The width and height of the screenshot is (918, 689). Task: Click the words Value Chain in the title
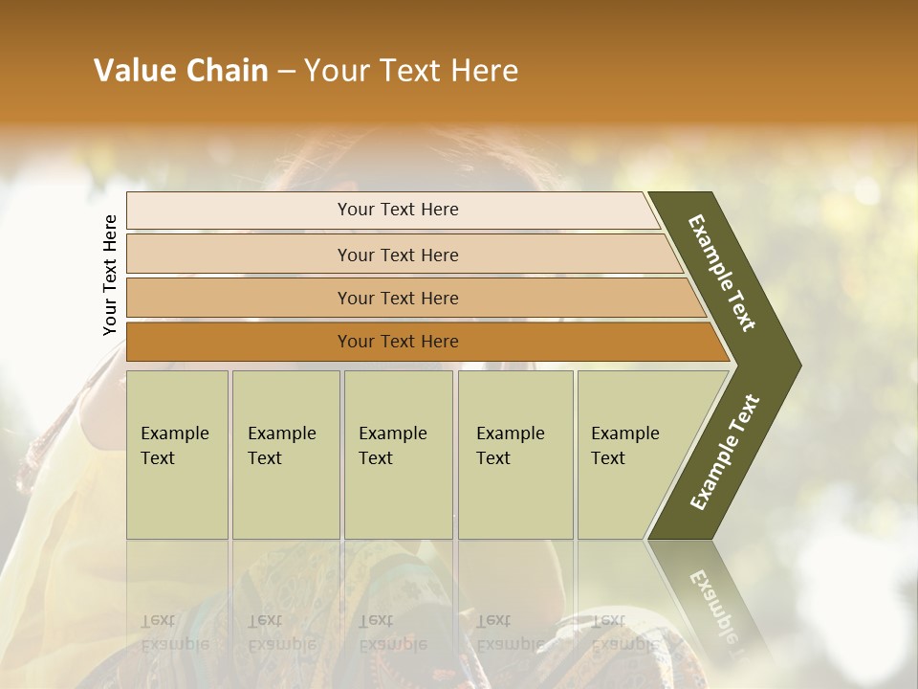click(181, 71)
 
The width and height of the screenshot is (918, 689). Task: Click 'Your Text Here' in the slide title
click(411, 71)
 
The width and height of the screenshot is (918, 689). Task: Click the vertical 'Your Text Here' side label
click(110, 276)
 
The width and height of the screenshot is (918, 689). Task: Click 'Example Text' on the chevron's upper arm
click(722, 273)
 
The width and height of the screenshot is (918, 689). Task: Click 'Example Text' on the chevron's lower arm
click(724, 453)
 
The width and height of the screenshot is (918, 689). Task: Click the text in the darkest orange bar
click(398, 342)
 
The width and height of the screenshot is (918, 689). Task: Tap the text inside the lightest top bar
click(398, 210)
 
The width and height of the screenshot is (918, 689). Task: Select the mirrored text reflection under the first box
click(173, 633)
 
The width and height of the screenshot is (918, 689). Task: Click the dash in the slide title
click(286, 71)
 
